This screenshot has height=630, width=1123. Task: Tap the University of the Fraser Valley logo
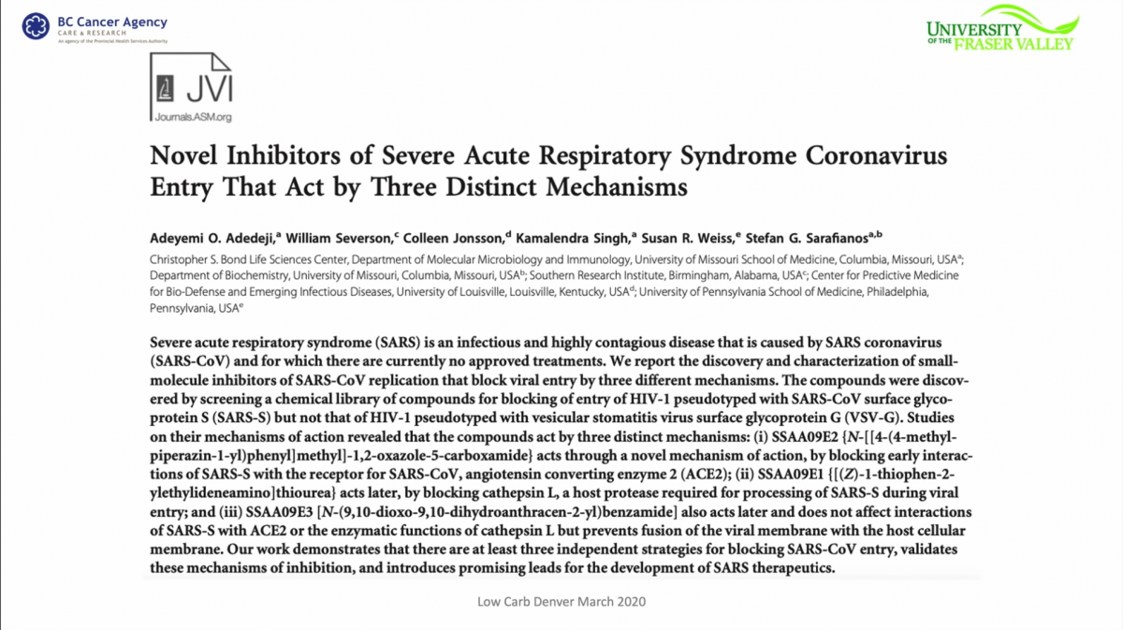click(999, 28)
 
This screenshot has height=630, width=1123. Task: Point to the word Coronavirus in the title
click(881, 155)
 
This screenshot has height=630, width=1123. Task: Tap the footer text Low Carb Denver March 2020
click(561, 601)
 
